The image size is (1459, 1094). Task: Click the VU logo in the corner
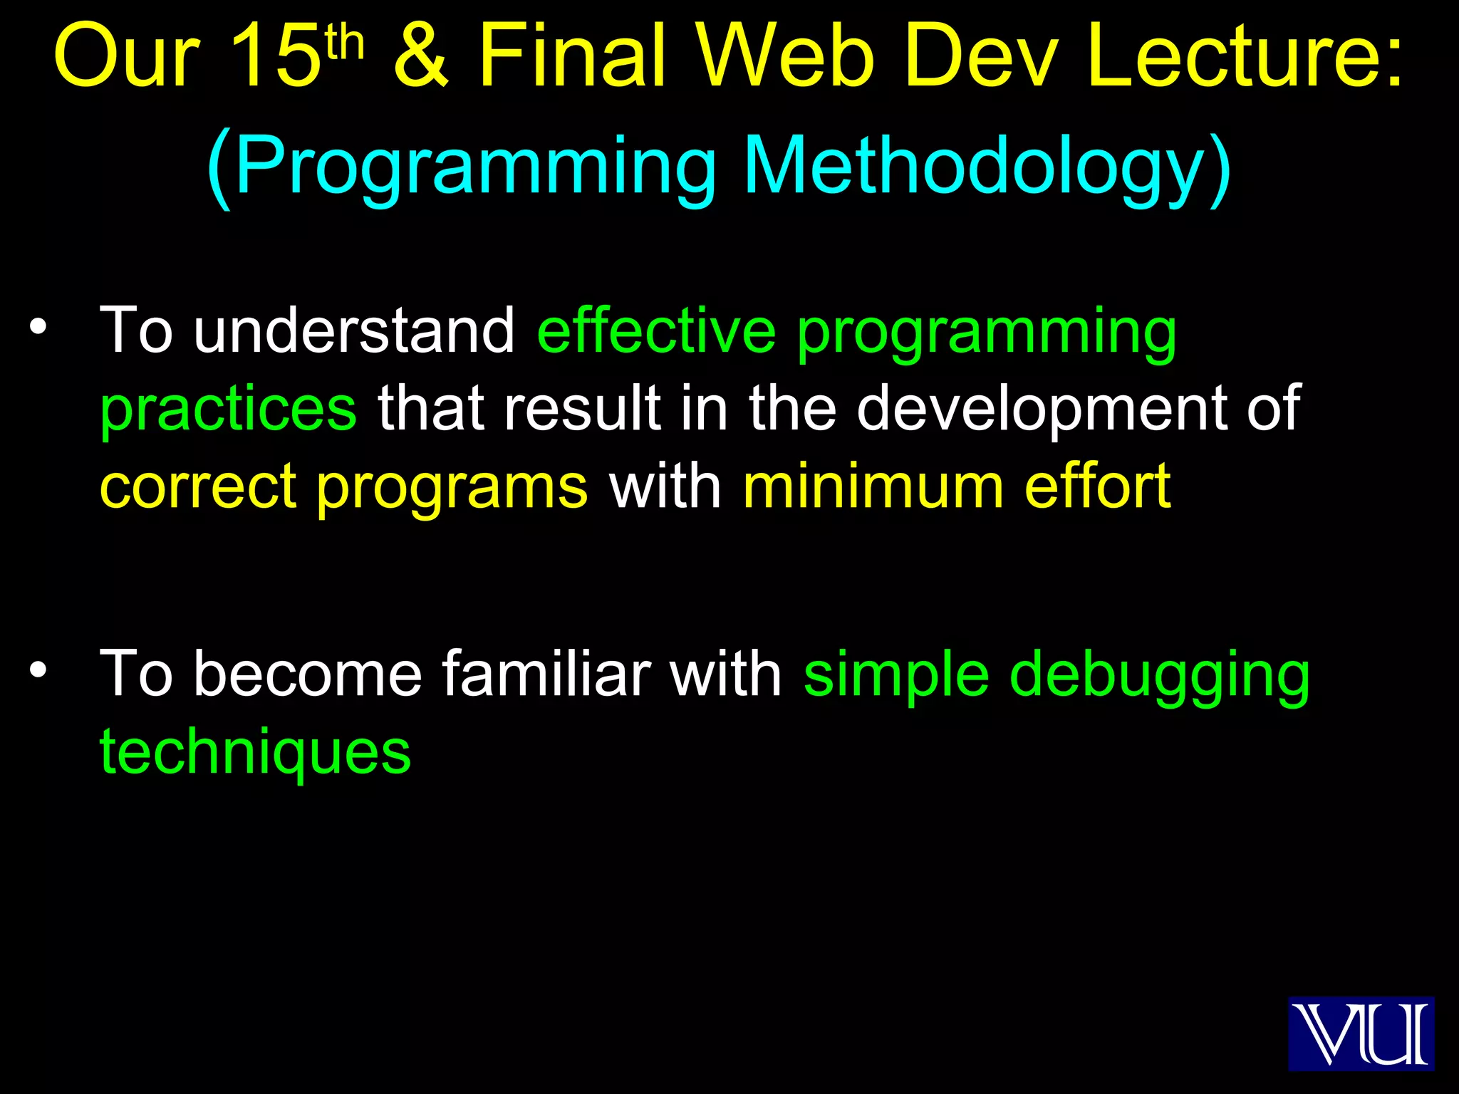(x=1360, y=1033)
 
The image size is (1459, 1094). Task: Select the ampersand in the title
(x=422, y=57)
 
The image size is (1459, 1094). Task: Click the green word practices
(x=228, y=409)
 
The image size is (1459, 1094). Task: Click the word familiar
(x=546, y=674)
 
